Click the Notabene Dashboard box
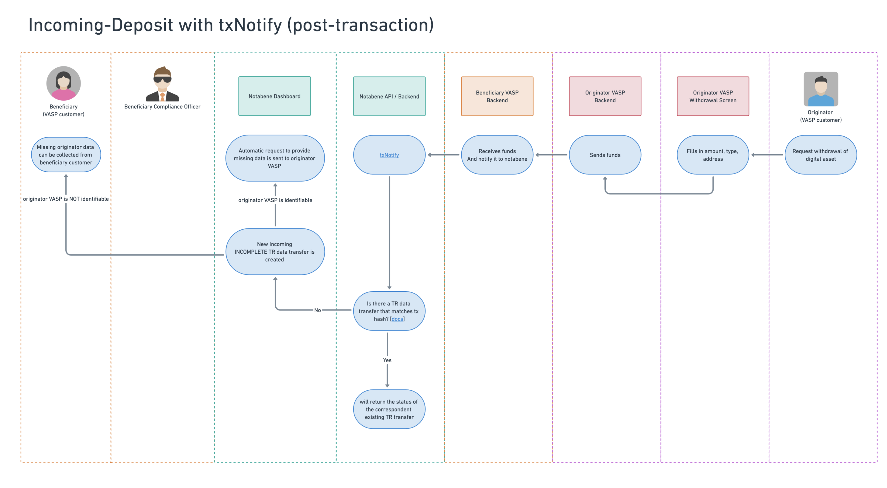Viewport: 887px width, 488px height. tap(274, 96)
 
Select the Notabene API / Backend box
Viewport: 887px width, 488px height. tap(389, 96)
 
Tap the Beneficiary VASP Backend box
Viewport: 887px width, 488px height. tap(497, 96)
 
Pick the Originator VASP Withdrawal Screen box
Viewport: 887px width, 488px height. tap(713, 96)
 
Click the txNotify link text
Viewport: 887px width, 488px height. tap(389, 155)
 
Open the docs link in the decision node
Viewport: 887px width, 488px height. tap(397, 319)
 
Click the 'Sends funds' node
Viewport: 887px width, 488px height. tap(605, 155)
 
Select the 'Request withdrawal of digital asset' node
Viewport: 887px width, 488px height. tap(821, 155)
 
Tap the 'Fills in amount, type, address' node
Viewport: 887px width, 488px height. tap(713, 155)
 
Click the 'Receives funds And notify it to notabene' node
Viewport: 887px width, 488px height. tap(497, 155)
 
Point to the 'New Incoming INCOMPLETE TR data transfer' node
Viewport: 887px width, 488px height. tap(275, 252)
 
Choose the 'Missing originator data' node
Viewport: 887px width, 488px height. tap(66, 155)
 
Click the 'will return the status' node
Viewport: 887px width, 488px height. tap(389, 409)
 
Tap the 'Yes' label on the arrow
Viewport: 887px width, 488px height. tap(387, 360)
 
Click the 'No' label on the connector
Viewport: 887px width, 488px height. tap(317, 310)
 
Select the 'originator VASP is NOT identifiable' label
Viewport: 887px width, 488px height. tap(66, 199)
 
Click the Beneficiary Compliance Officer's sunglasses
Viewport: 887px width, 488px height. tap(162, 79)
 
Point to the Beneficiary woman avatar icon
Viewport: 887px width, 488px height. tap(63, 83)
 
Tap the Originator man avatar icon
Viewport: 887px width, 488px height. tap(821, 89)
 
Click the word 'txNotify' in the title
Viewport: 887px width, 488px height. tap(250, 25)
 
